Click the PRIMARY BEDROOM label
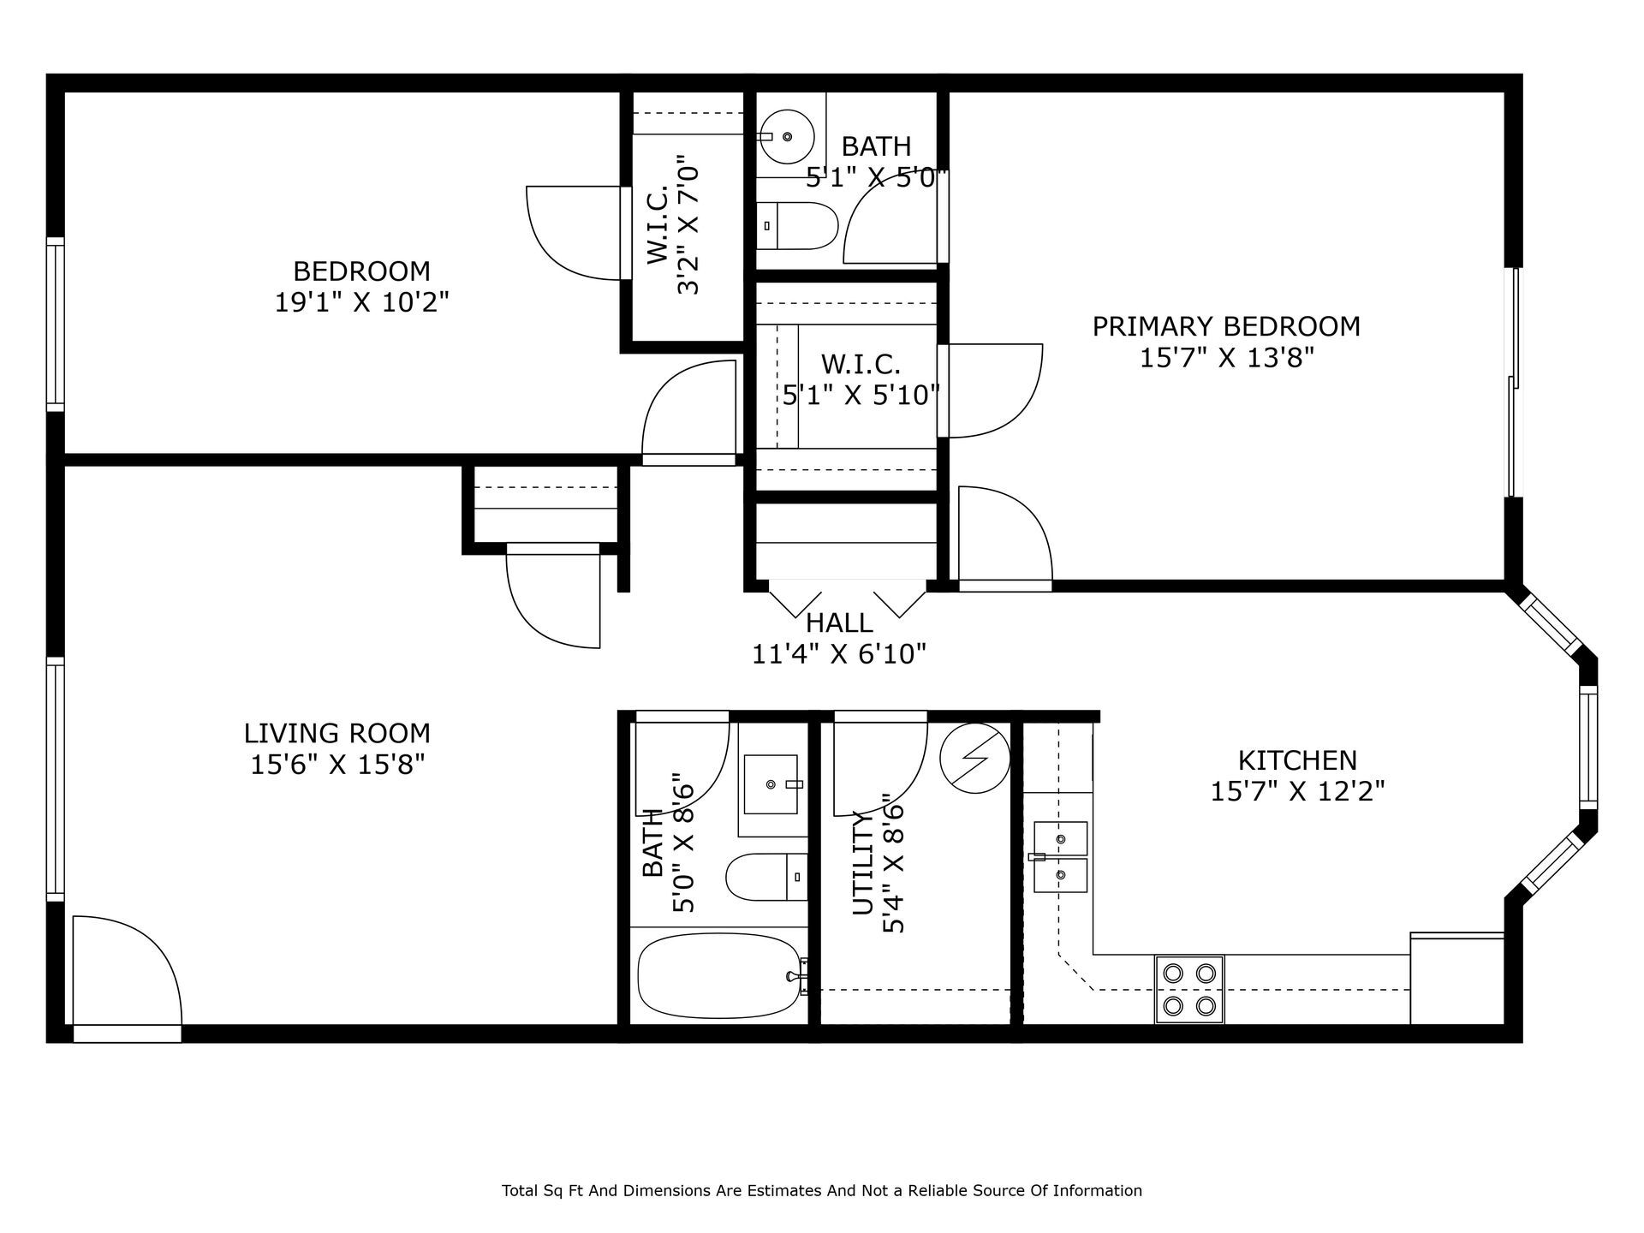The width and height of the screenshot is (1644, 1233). point(1226,326)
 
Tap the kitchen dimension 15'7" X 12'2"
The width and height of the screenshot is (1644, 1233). point(1297,791)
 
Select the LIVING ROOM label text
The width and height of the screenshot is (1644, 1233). point(337,734)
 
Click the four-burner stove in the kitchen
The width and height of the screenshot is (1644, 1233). point(1189,989)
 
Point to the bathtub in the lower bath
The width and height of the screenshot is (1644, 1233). point(719,976)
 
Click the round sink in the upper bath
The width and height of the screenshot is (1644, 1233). point(787,137)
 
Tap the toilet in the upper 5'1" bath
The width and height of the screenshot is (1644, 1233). point(798,225)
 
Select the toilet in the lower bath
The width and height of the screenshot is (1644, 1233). point(765,877)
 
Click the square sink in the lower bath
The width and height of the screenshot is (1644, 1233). point(771,784)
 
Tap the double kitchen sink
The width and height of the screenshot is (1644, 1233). point(1060,857)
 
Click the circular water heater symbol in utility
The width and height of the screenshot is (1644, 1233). point(974,758)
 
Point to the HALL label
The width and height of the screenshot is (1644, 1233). point(839,623)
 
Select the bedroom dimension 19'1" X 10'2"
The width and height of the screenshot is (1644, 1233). point(361,302)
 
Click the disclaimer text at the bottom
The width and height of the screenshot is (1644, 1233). point(821,1190)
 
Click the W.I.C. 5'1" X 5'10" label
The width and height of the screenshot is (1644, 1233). point(861,379)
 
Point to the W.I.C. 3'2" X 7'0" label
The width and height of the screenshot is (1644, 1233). point(673,225)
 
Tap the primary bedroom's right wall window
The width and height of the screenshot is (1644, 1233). point(1514,382)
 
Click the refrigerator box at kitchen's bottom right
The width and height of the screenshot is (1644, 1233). point(1456,980)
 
